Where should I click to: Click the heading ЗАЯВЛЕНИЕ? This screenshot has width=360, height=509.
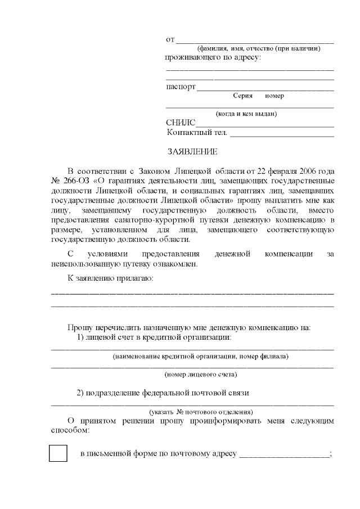[x=193, y=152]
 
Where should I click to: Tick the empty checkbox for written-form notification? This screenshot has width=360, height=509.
[x=58, y=453]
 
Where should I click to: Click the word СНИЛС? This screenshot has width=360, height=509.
[x=181, y=123]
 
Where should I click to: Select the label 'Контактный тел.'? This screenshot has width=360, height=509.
[x=197, y=133]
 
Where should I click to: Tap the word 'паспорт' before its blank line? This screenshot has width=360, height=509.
[x=181, y=87]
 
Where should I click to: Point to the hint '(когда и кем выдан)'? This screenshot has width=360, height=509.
[x=246, y=114]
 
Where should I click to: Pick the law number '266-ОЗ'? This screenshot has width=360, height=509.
[x=76, y=181]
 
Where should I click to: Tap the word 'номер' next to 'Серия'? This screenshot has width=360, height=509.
[x=274, y=96]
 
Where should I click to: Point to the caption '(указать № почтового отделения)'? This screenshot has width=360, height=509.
[x=201, y=412]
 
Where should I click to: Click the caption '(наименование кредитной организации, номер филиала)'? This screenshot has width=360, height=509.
[x=201, y=356]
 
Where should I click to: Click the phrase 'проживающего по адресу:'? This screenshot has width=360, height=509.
[x=213, y=58]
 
